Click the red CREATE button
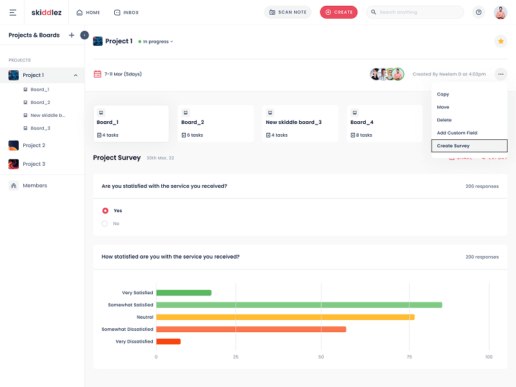[x=339, y=12]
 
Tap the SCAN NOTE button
[x=288, y=12]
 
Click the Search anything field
[x=415, y=12]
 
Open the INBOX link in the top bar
[x=126, y=12]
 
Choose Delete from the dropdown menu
[x=444, y=120]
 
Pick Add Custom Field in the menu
[x=457, y=133]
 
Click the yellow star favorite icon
[x=501, y=41]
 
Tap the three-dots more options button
[x=501, y=74]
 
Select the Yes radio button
[x=105, y=211]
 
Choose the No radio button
[x=104, y=223]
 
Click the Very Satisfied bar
[x=184, y=293]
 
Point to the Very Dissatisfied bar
[x=168, y=341]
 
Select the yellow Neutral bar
[x=285, y=317]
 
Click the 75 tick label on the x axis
[x=409, y=357]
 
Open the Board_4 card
[x=384, y=124]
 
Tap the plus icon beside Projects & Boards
[x=72, y=35]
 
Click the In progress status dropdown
[x=155, y=41]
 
